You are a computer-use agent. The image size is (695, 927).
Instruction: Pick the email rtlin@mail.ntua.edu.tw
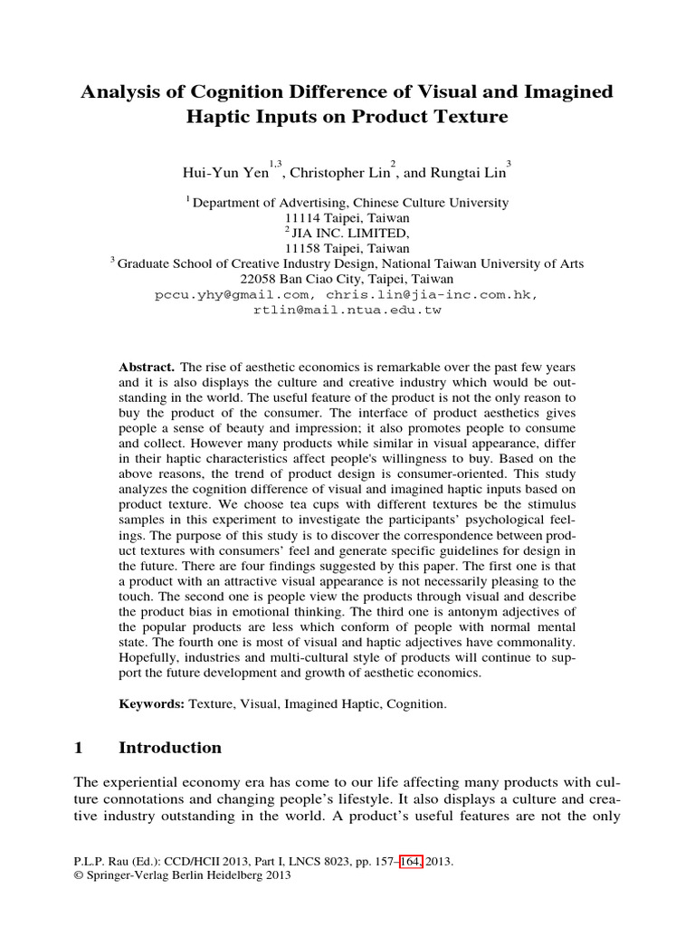tap(347, 311)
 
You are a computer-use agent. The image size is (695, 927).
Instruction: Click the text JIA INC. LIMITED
tap(351, 234)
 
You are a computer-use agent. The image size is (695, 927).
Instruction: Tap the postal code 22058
tap(277, 280)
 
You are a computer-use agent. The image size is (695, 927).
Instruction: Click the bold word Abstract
tap(147, 367)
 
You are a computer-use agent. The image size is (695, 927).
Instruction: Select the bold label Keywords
tap(151, 703)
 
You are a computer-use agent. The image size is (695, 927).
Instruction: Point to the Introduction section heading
tap(170, 748)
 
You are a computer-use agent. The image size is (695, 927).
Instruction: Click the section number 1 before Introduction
tap(79, 748)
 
